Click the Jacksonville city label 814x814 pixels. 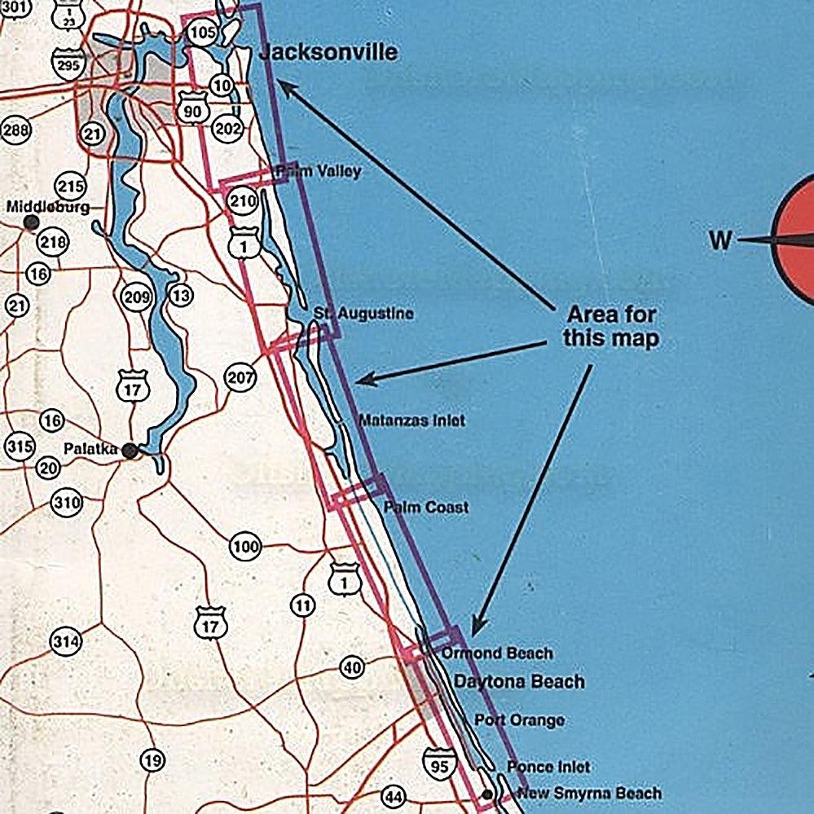click(x=328, y=53)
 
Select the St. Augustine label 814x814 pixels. click(x=364, y=314)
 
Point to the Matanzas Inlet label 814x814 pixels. click(x=412, y=420)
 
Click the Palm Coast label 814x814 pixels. click(x=426, y=507)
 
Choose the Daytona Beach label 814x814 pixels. click(x=519, y=681)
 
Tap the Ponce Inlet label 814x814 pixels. click(x=548, y=767)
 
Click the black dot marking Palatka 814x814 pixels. click(x=130, y=450)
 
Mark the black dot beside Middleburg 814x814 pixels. click(x=32, y=221)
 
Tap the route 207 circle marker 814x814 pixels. click(x=240, y=377)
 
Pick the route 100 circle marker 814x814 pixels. click(x=244, y=547)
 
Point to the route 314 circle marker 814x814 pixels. click(x=66, y=642)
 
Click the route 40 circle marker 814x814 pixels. click(x=352, y=668)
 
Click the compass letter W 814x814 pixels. click(x=720, y=240)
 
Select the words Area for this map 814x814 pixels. click(x=611, y=326)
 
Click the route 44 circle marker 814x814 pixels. click(x=394, y=796)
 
